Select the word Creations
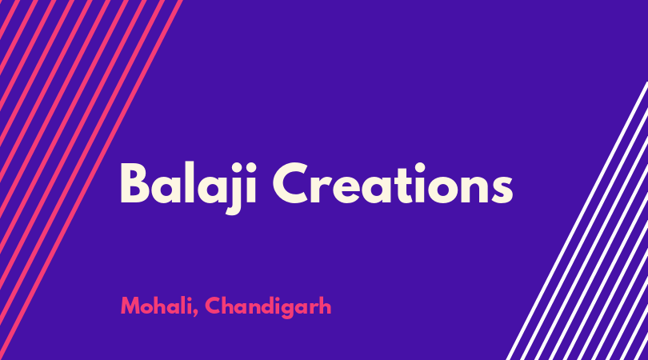click(393, 183)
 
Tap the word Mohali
click(156, 306)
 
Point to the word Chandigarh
click(268, 307)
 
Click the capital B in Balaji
click(134, 183)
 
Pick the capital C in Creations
click(290, 183)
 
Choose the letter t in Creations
click(403, 185)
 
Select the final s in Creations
click(502, 189)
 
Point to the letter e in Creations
click(343, 189)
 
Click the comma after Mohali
click(194, 313)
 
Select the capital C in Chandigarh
click(213, 306)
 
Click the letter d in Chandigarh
click(269, 306)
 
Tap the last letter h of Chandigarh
click(326, 306)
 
